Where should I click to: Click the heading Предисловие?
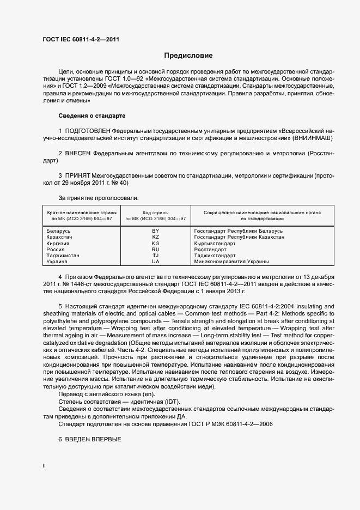188,56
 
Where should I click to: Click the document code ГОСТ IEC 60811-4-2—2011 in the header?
81,39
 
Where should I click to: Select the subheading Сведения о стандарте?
91,116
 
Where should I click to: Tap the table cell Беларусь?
59,231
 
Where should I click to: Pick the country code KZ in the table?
155,237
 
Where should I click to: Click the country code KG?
155,244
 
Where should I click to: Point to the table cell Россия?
56,250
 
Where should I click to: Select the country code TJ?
155,256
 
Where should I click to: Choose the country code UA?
155,262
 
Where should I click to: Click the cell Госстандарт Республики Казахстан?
239,237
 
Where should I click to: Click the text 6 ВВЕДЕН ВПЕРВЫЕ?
89,439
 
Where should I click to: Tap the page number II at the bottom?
44,466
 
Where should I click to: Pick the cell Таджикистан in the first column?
63,256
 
